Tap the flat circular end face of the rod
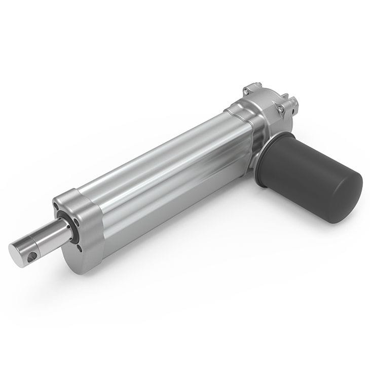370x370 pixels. coord(19,251)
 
